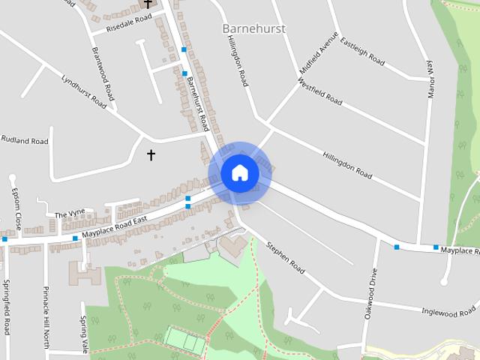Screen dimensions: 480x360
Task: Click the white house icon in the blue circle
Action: (239, 172)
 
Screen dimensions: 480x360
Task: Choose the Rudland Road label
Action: (24, 140)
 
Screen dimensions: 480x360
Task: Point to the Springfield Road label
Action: (7, 306)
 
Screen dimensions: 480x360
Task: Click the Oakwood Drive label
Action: (370, 294)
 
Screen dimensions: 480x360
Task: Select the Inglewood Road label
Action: (448, 310)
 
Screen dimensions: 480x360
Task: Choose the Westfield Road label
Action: (320, 92)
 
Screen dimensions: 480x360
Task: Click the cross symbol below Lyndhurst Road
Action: (151, 154)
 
